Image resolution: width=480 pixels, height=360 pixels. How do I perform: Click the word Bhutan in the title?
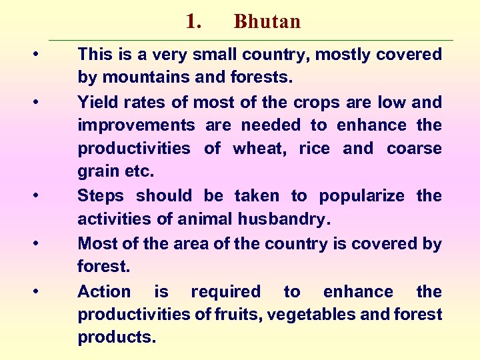267,22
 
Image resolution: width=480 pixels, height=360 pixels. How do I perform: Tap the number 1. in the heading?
193,22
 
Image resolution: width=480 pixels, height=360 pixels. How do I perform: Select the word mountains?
133,77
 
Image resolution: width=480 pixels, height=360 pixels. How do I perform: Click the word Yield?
97,102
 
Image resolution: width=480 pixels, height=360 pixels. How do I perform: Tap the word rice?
314,148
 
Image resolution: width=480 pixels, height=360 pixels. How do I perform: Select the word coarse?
414,148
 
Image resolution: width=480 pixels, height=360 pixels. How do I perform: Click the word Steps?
101,196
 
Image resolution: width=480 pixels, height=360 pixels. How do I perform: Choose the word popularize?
361,196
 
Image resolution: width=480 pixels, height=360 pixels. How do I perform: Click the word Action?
104,291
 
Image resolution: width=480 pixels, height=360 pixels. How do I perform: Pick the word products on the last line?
117,337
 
